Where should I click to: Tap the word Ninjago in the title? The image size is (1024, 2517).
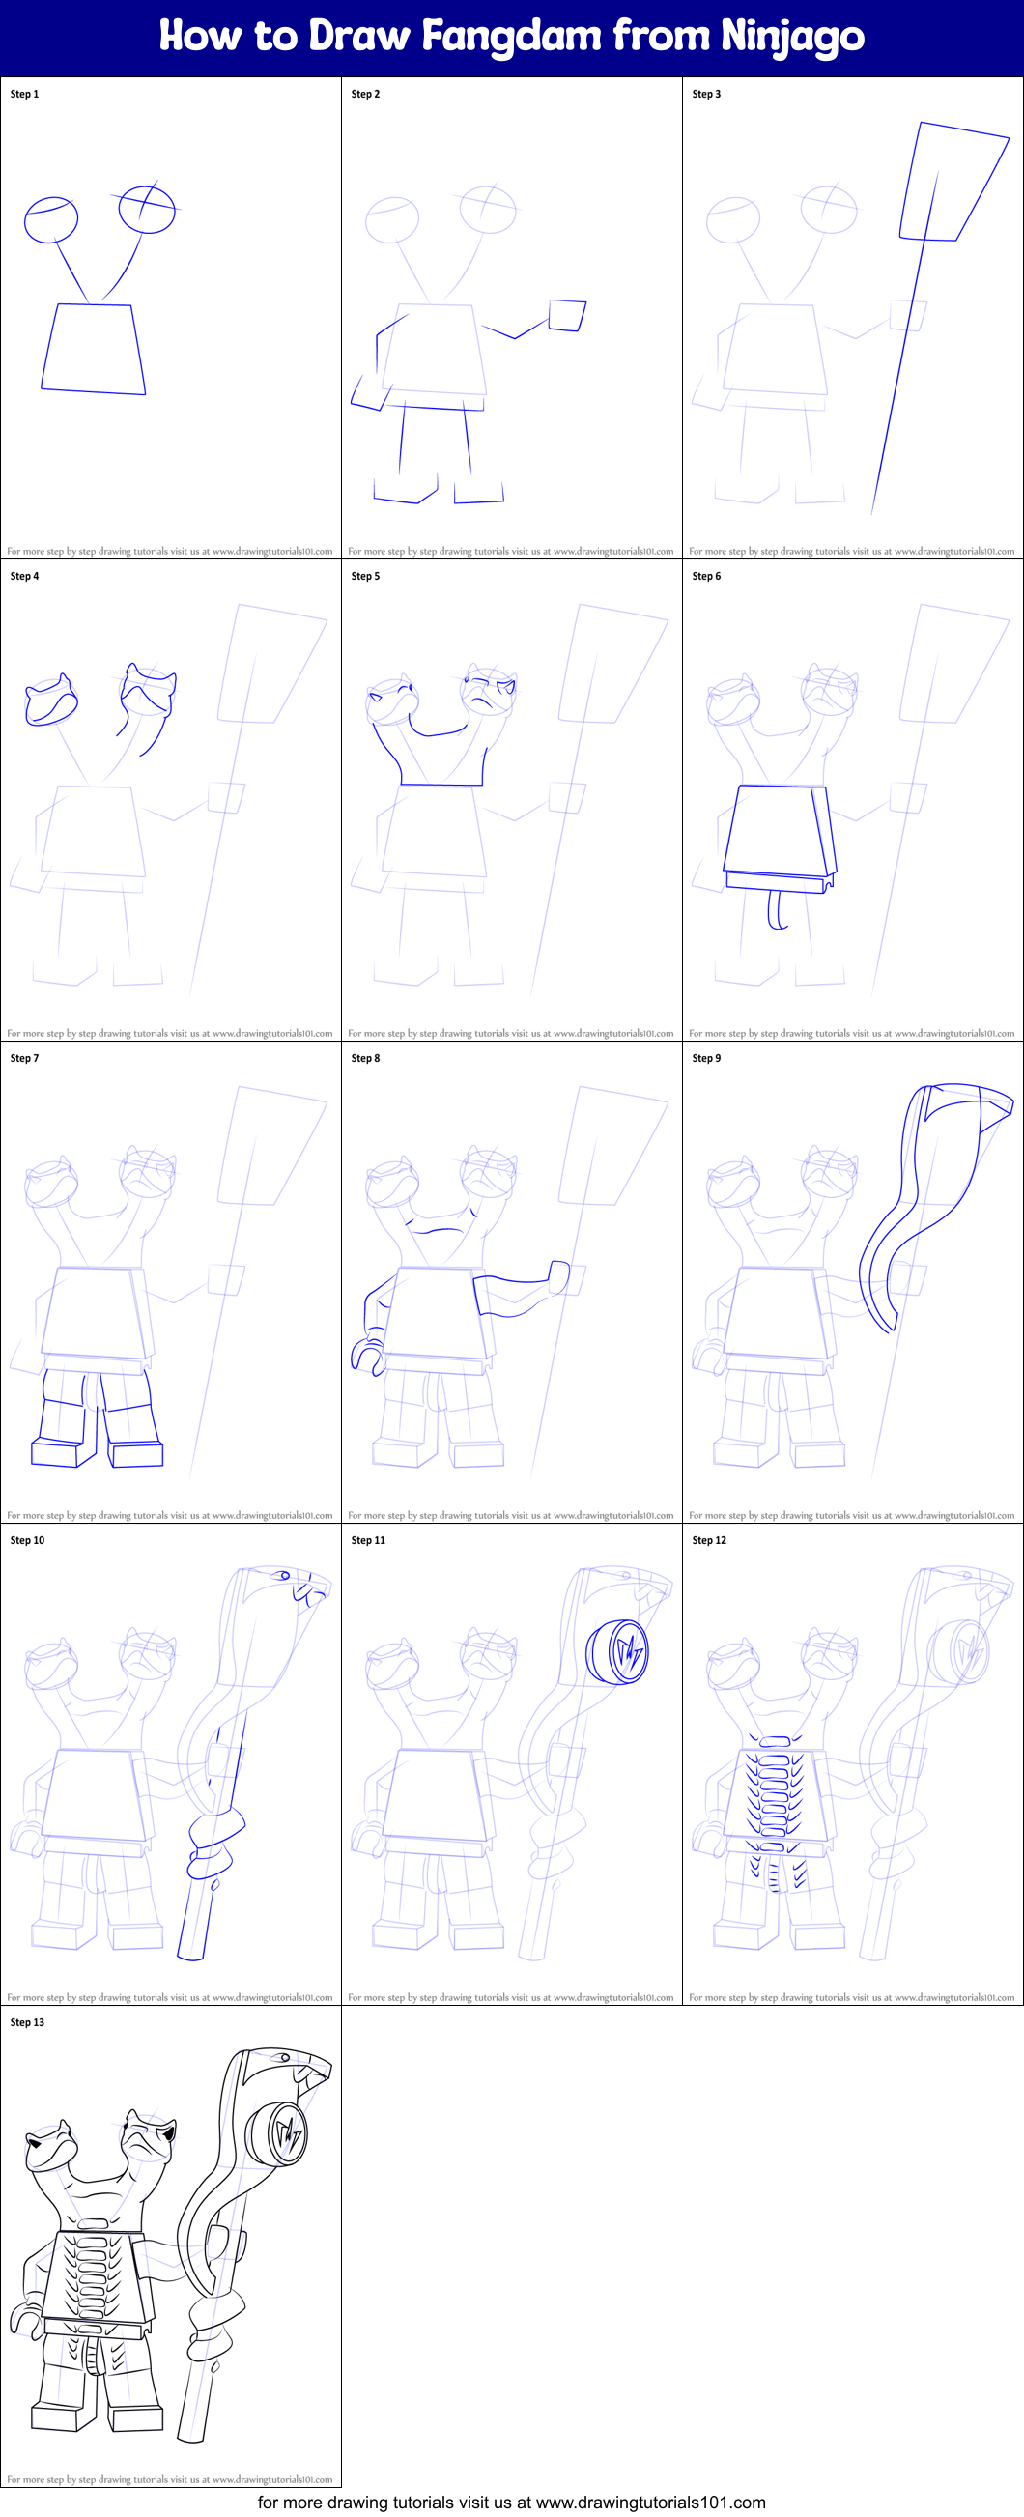click(791, 37)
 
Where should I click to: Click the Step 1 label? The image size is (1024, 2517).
click(24, 94)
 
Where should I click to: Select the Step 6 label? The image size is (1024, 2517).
click(706, 576)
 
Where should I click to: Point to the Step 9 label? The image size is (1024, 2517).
click(706, 1057)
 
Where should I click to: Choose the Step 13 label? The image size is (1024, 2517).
click(27, 2021)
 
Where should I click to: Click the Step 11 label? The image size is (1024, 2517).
click(368, 1540)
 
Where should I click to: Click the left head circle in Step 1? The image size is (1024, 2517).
click(51, 220)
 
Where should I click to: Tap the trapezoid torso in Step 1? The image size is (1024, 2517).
click(93, 349)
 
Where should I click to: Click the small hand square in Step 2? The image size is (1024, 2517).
click(567, 316)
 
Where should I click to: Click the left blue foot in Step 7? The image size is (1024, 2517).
click(56, 1453)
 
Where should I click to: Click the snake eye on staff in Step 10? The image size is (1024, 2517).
click(282, 1575)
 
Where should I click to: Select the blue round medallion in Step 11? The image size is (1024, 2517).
click(618, 1651)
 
